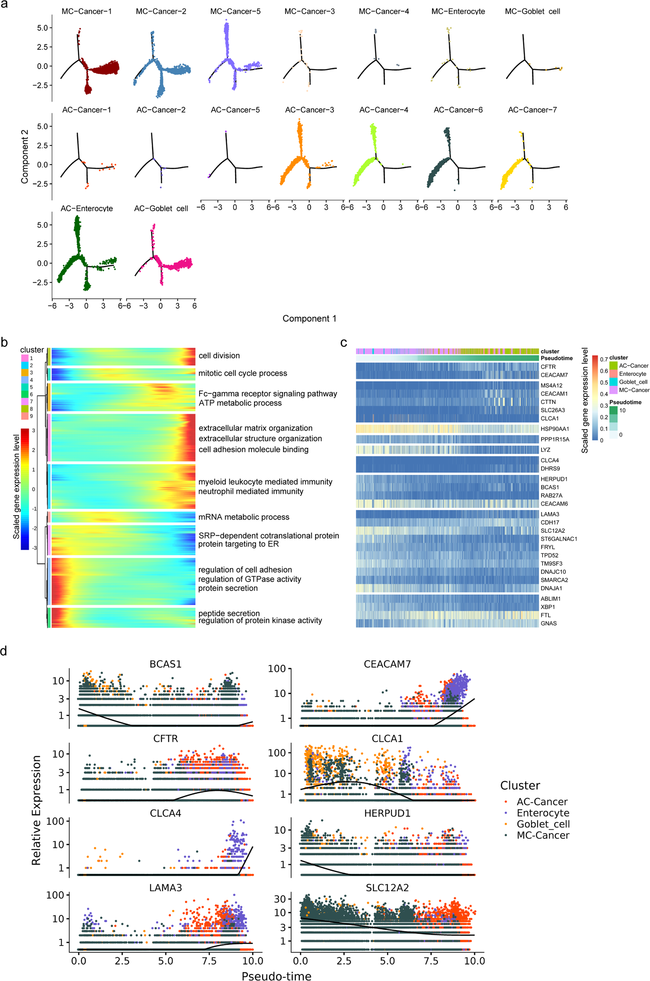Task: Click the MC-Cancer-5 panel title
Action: (x=235, y=12)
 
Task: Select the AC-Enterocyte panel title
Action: (x=87, y=208)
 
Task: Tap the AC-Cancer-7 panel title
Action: (x=532, y=110)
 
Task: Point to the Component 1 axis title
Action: (x=309, y=319)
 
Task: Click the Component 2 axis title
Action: (x=25, y=156)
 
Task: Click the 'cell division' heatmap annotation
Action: (x=219, y=356)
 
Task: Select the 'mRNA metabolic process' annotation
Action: (x=244, y=517)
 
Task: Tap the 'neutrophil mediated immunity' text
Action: (x=250, y=491)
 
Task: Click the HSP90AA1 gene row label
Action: (x=555, y=429)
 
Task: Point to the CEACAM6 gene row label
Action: (x=554, y=504)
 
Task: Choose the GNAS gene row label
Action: (x=548, y=623)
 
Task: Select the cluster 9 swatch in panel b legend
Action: (x=25, y=416)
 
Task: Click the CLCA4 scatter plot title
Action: (x=166, y=813)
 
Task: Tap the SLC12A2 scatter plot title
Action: (x=387, y=888)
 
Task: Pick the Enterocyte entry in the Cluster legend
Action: (x=543, y=813)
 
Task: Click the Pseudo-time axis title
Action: (x=276, y=975)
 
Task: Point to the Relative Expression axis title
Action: (x=37, y=810)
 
